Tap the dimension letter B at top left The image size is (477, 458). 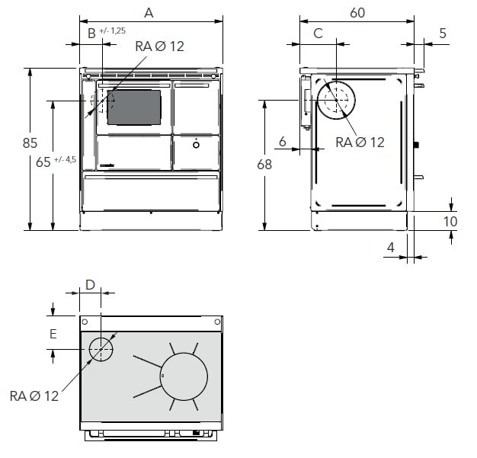tap(91, 33)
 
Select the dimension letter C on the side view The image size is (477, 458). tap(319, 33)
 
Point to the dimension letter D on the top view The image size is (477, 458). tap(89, 285)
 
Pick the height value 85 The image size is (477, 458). tap(30, 143)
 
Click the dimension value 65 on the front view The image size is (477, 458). tap(45, 161)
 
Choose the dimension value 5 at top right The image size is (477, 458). tap(442, 33)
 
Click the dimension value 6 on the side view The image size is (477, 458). tap(283, 140)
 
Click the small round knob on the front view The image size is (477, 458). tap(196, 143)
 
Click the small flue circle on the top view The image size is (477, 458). tap(101, 350)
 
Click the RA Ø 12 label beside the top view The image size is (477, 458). tap(34, 396)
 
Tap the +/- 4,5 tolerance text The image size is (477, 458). tap(66, 159)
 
